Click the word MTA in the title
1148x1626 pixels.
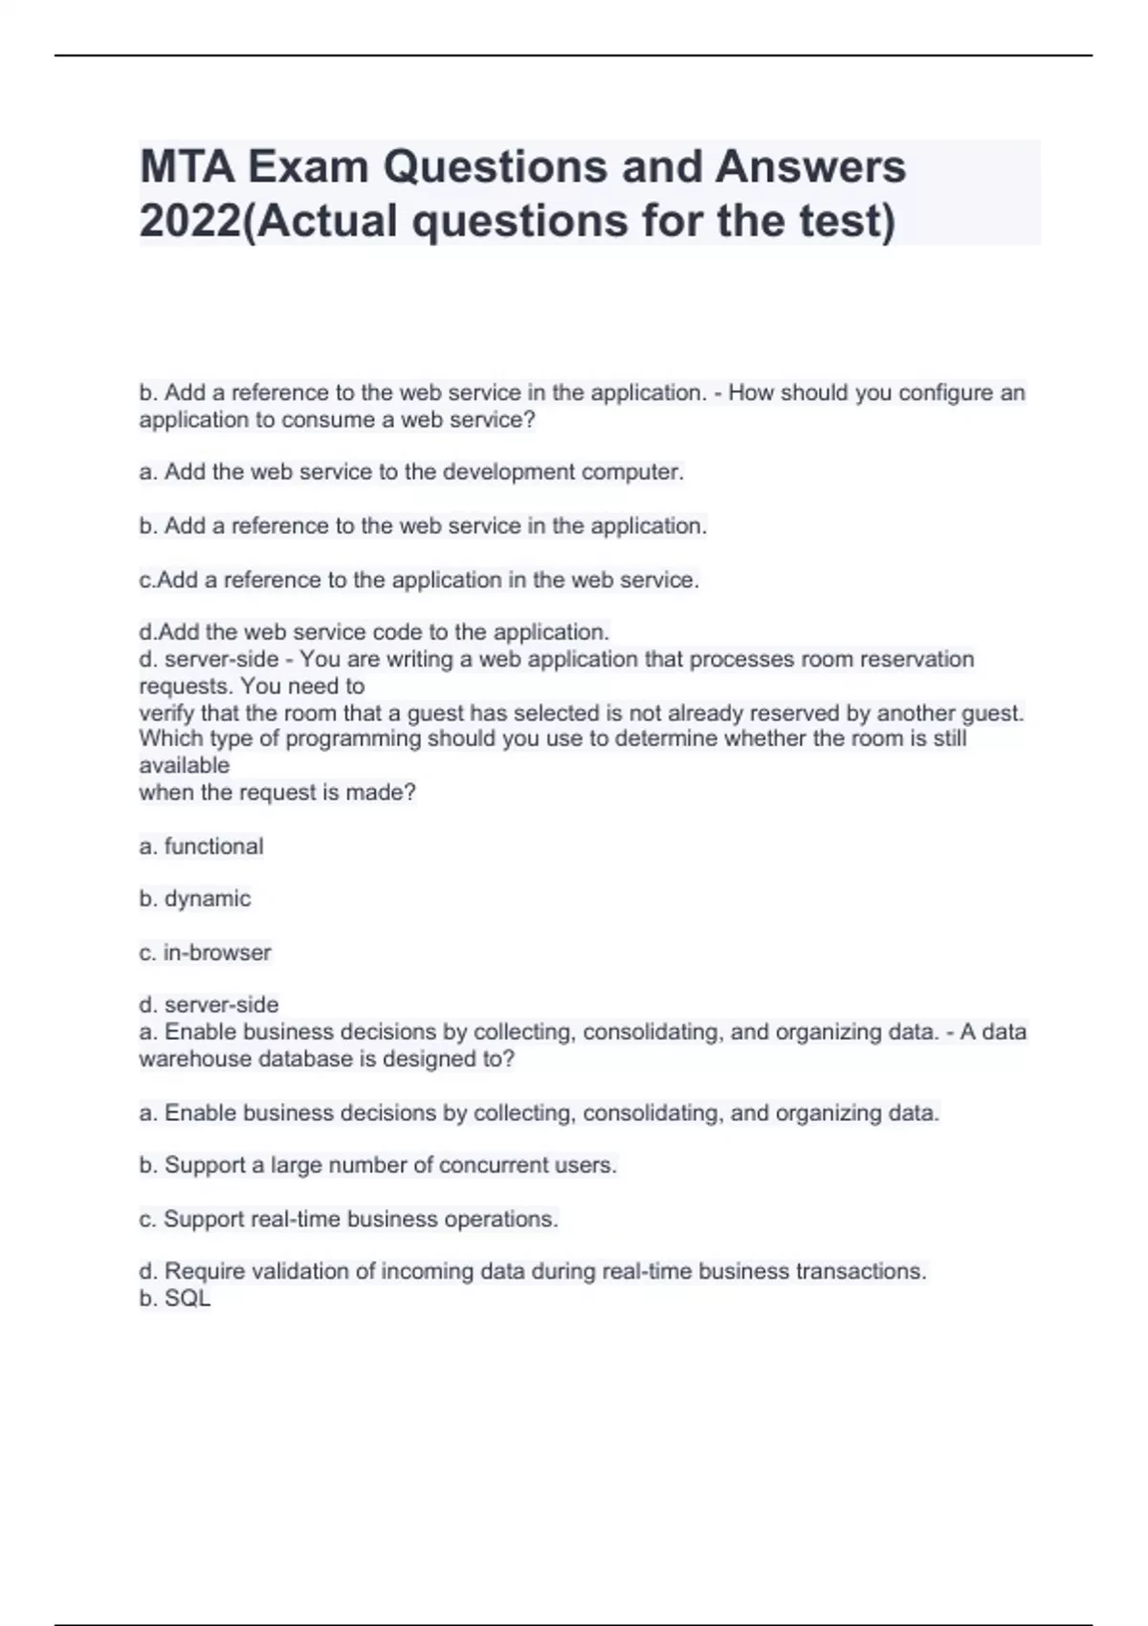(187, 167)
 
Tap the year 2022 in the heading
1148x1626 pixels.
(189, 221)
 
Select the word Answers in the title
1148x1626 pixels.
(810, 167)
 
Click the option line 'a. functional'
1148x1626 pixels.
(201, 846)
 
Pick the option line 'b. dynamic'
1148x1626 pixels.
(195, 899)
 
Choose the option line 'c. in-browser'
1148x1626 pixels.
(205, 953)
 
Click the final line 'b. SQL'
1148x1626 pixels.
(174, 1299)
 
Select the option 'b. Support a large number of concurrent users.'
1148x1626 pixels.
(378, 1166)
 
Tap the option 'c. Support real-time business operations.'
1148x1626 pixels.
(348, 1219)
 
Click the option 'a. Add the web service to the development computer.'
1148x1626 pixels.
(411, 472)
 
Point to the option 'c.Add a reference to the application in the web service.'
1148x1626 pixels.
(419, 581)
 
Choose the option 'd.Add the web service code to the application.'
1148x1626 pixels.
(374, 632)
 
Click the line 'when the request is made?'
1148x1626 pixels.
(277, 793)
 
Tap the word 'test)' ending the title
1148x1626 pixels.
(847, 221)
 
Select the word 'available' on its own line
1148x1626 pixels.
(185, 766)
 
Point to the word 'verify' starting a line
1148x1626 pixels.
(162, 714)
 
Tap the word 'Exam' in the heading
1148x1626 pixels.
(308, 167)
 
